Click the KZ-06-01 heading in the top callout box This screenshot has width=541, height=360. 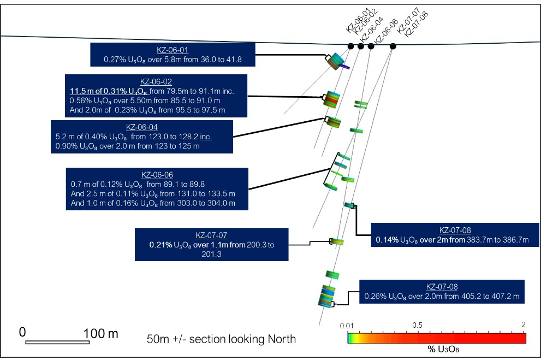pyautogui.click(x=173, y=49)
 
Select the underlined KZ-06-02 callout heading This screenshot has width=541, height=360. pyautogui.click(x=156, y=81)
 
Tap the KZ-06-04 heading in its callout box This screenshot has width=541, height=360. pyautogui.click(x=141, y=127)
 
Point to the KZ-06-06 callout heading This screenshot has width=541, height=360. pyautogui.click(x=157, y=175)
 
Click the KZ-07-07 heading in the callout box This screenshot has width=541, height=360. pyautogui.click(x=211, y=235)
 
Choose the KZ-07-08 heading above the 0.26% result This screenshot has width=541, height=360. pyautogui.click(x=442, y=287)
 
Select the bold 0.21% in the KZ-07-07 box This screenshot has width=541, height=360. pyautogui.click(x=160, y=245)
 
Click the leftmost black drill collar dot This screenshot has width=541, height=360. pyautogui.click(x=351, y=46)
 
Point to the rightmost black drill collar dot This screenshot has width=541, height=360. pyautogui.click(x=393, y=46)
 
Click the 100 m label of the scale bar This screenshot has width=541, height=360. pyautogui.click(x=100, y=333)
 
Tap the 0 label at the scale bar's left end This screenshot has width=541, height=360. pyautogui.click(x=22, y=332)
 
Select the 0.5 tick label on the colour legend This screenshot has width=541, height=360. pyautogui.click(x=417, y=325)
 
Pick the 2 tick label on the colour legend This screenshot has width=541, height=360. pyautogui.click(x=523, y=325)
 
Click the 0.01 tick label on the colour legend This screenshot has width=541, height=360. pyautogui.click(x=348, y=326)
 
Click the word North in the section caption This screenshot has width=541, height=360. pyautogui.click(x=281, y=339)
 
